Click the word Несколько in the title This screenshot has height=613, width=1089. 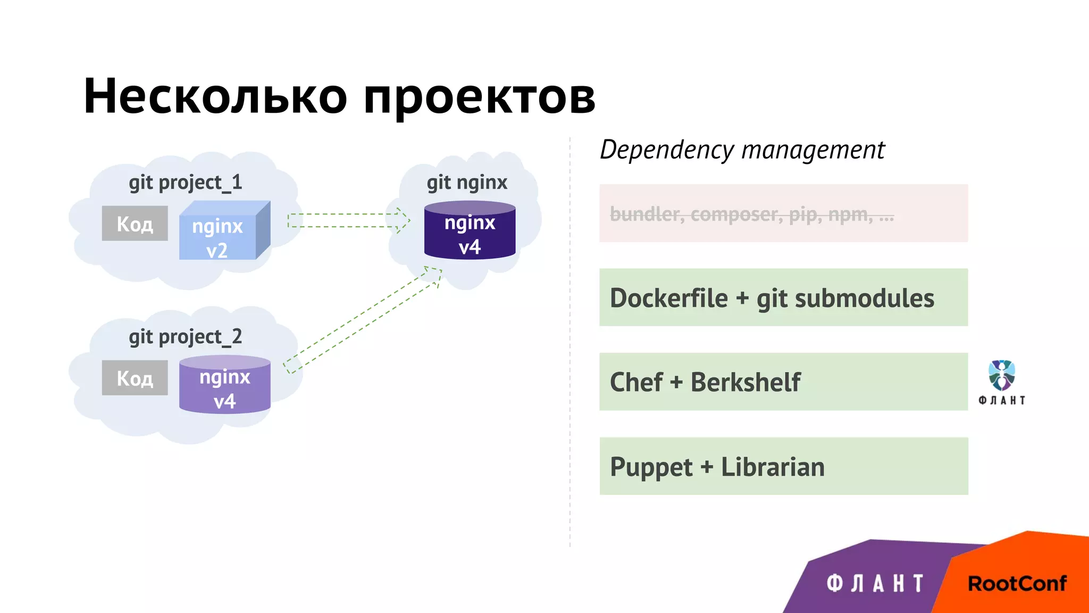pos(215,96)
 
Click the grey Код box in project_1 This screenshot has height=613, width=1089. pos(135,223)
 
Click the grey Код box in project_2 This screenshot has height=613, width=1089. pos(135,378)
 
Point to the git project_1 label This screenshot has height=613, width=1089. pos(185,183)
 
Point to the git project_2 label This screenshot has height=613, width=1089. pos(185,337)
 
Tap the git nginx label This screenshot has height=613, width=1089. pos(467,183)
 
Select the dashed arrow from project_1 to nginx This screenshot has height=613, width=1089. pos(348,220)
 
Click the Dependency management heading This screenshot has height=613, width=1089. pos(742,150)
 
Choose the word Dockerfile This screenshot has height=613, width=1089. pos(668,298)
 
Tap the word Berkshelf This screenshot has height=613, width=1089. pos(745,382)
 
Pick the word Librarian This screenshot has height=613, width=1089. pos(772,467)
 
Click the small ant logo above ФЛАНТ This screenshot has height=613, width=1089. pos(1001,375)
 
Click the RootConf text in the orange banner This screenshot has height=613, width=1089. pos(1017,584)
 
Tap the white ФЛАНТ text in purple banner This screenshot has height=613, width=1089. pos(874,584)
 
